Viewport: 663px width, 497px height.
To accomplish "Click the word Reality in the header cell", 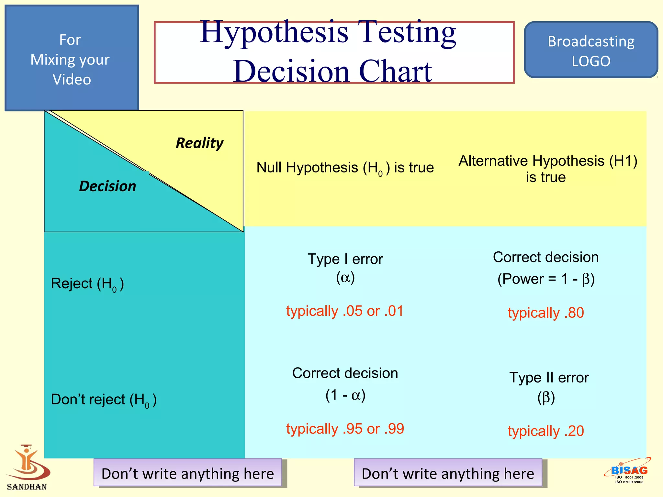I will tap(199, 143).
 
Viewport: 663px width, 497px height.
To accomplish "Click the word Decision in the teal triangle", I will tap(107, 186).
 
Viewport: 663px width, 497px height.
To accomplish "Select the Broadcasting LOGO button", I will tap(591, 50).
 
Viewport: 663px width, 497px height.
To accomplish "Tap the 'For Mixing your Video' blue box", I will tap(72, 59).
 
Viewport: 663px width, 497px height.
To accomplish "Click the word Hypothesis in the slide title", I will tap(274, 32).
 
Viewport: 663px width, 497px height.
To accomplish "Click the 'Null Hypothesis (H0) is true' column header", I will tap(345, 168).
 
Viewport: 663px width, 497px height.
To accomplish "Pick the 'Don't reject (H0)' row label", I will tap(104, 400).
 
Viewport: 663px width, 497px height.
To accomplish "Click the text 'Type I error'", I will tap(345, 259).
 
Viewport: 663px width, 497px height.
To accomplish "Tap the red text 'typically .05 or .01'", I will tap(345, 311).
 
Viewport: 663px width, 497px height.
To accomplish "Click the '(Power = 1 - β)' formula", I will tap(546, 279).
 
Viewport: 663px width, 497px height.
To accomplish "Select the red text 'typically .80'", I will tap(546, 313).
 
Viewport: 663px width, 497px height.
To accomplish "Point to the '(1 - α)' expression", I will tap(345, 395).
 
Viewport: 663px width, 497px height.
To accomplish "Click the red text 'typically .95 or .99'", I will tap(345, 429).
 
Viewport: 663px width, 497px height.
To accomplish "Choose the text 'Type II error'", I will tap(549, 378).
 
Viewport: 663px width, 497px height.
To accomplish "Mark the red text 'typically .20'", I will tap(546, 431).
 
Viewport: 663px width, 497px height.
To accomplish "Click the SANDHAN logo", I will tap(28, 468).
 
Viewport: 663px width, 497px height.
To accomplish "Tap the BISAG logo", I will tap(628, 471).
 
